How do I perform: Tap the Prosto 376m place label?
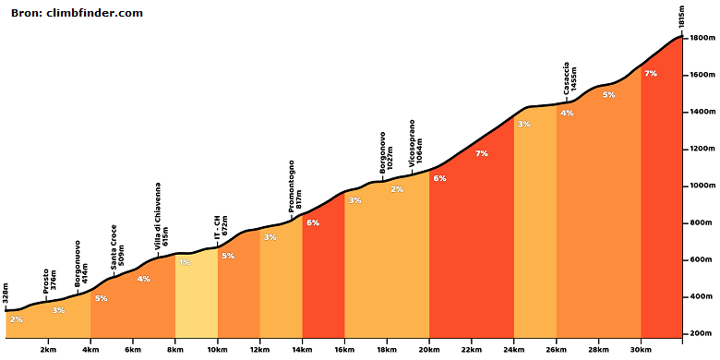(50, 282)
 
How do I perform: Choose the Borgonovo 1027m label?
(386, 152)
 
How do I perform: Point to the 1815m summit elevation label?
(682, 18)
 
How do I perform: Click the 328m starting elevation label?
(6, 294)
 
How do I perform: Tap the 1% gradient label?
(185, 263)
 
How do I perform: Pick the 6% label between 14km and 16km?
(313, 223)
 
